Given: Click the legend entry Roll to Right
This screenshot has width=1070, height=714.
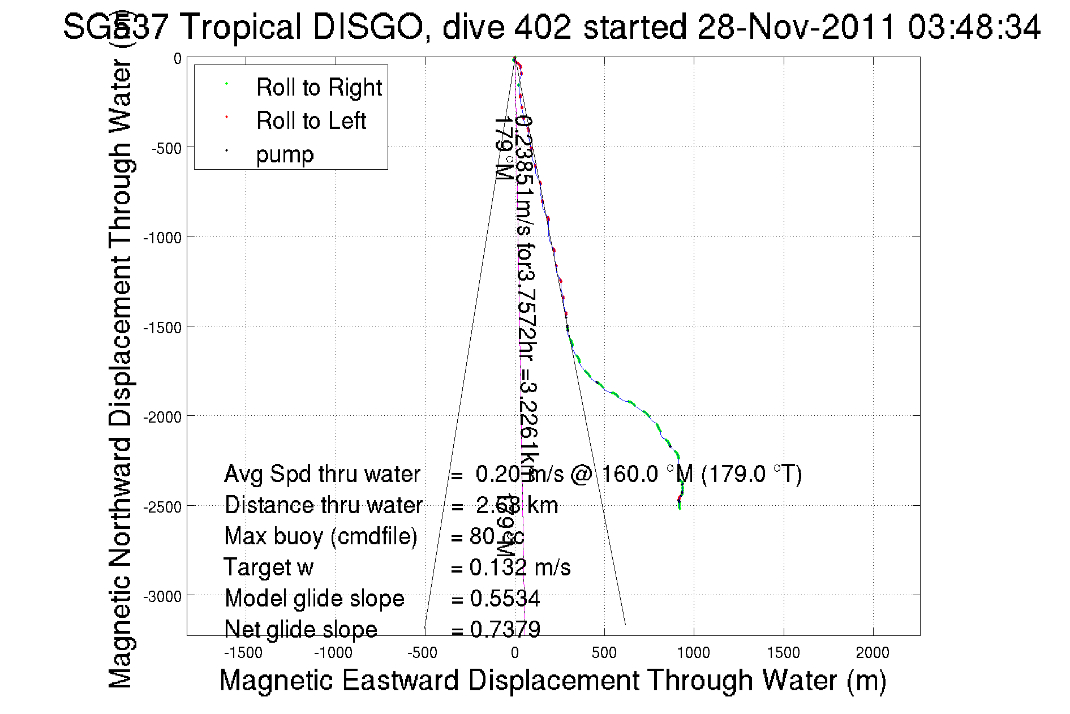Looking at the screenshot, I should (x=319, y=88).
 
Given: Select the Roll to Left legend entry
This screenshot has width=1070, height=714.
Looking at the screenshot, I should (x=311, y=121).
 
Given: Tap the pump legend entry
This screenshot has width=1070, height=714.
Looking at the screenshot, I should (x=285, y=154).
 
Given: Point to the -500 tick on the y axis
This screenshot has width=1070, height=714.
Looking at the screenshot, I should (x=166, y=149).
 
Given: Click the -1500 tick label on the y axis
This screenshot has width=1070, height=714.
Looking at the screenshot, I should (x=162, y=328).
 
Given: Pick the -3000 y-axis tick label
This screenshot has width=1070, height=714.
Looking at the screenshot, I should (x=162, y=597).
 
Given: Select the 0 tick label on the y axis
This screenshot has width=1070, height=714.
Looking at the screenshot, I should (x=178, y=59).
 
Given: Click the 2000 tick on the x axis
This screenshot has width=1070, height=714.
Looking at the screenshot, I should (x=873, y=653).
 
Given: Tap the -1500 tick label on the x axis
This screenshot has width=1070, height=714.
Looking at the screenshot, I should (x=243, y=653).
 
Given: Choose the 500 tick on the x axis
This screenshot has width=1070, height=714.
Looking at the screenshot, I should (x=604, y=653).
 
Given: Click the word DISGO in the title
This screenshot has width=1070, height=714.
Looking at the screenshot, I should (x=368, y=27).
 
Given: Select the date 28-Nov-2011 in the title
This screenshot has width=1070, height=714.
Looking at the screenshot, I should (x=797, y=27).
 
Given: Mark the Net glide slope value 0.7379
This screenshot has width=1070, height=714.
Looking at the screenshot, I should (x=505, y=630).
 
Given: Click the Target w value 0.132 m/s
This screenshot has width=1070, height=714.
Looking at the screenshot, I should (x=519, y=567).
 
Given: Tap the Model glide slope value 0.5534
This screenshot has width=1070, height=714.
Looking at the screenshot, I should (x=505, y=599).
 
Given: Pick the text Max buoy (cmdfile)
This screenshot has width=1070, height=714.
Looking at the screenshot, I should (x=321, y=536).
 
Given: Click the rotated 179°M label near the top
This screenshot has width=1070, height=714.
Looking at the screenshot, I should (x=503, y=149).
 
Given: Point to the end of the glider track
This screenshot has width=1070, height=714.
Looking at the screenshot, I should (x=680, y=508).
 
